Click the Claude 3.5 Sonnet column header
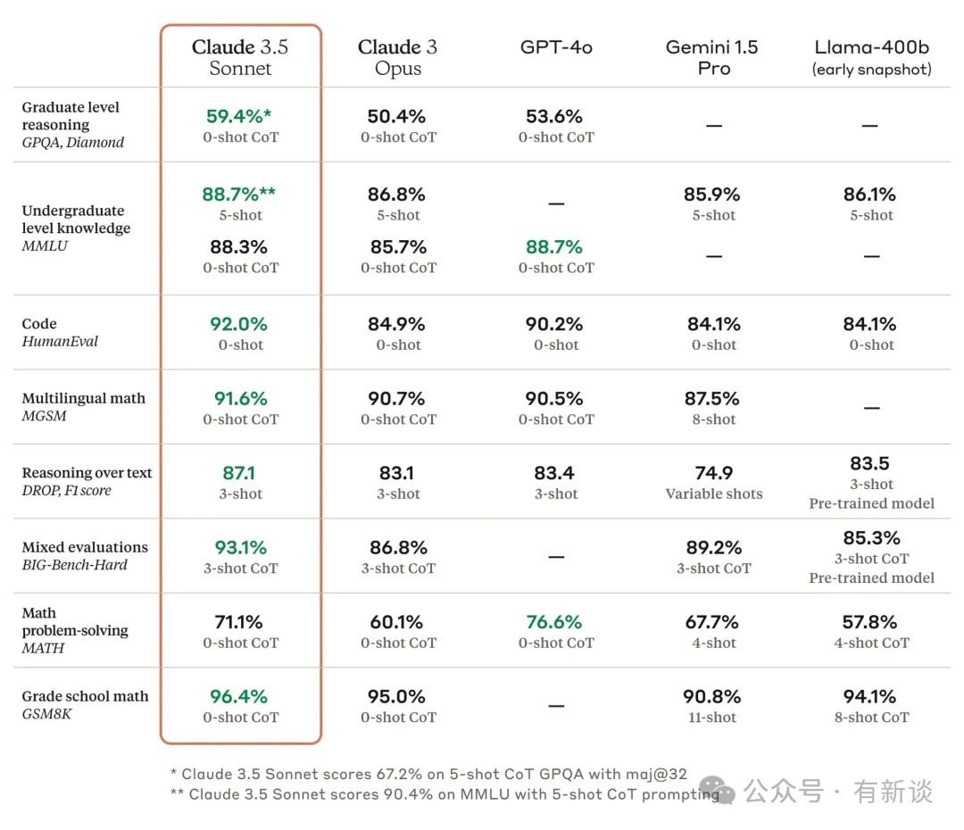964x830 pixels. tap(240, 57)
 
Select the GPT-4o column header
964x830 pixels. tap(556, 47)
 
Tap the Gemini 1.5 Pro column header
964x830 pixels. tap(712, 57)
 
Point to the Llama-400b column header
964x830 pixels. tap(871, 57)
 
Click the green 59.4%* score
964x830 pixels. tap(238, 116)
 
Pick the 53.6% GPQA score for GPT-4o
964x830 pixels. tap(555, 116)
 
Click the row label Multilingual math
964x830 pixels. tap(83, 398)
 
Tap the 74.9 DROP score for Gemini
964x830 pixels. tap(713, 473)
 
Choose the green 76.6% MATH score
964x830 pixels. tap(554, 622)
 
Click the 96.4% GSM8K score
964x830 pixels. tap(239, 696)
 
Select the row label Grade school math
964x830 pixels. tap(85, 696)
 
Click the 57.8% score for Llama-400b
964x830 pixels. tap(871, 622)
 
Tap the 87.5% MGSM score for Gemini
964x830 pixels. tap(713, 398)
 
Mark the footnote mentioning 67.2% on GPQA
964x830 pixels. tap(428, 773)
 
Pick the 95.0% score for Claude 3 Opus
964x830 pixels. tap(397, 696)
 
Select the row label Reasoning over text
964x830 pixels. tap(87, 473)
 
